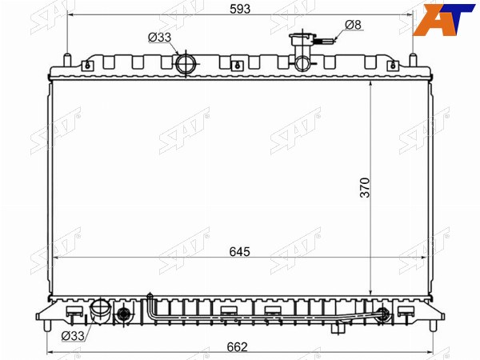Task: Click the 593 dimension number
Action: point(240,9)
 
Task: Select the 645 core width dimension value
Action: point(240,252)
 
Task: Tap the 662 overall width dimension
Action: point(238,347)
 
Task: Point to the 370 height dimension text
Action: point(366,188)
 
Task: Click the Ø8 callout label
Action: point(354,25)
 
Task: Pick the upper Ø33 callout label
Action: point(159,38)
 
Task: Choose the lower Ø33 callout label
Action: point(73,336)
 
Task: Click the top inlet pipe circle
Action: point(186,64)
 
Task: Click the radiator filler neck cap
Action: point(302,39)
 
